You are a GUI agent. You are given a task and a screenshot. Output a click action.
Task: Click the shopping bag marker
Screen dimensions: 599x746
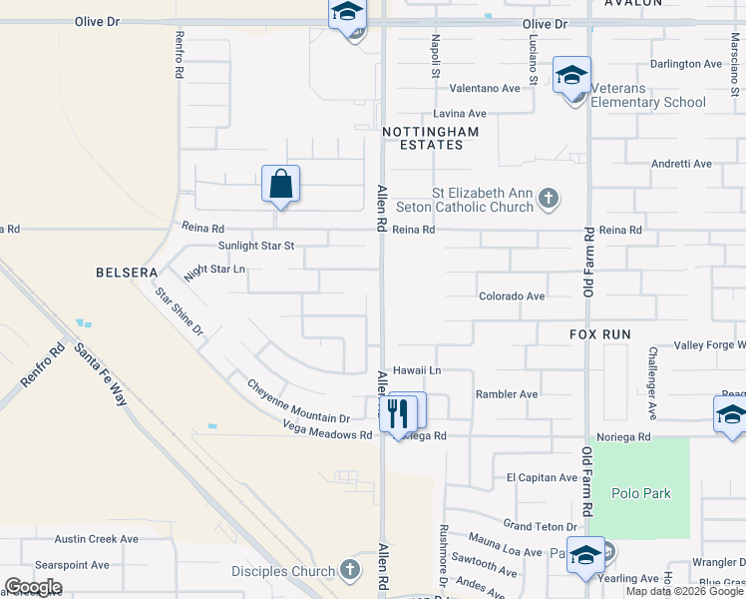coord(281,184)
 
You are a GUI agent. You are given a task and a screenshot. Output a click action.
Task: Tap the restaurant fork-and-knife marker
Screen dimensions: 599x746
coord(399,412)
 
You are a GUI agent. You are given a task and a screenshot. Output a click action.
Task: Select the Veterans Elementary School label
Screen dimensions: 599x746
coord(647,102)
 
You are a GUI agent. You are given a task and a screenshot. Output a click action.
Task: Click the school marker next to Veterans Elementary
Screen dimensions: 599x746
coord(572,76)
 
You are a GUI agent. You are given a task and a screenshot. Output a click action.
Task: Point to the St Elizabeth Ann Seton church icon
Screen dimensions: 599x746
coord(548,199)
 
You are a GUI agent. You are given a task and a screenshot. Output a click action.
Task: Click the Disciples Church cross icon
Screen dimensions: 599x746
coord(349,570)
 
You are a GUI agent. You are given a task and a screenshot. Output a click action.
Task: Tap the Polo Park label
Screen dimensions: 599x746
coord(641,493)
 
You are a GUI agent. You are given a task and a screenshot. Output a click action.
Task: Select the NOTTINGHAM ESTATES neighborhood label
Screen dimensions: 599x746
coord(431,138)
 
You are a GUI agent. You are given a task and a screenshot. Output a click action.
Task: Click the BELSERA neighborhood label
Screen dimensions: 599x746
coord(127,273)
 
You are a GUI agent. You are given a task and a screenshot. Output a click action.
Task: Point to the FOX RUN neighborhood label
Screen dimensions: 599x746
coord(602,334)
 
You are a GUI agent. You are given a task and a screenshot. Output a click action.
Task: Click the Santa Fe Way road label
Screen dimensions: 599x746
coord(101,373)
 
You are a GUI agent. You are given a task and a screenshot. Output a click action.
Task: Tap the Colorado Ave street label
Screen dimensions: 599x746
coord(512,297)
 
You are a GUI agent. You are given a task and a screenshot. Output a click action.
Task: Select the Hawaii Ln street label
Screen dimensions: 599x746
coord(416,370)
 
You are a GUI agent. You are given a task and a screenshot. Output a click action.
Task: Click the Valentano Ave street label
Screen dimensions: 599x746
coord(485,88)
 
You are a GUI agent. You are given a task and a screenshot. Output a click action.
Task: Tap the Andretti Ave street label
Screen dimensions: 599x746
coord(681,164)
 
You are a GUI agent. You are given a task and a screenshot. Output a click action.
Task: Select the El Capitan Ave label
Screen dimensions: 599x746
coord(542,478)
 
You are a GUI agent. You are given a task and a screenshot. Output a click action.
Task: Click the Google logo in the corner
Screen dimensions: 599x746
coord(33,587)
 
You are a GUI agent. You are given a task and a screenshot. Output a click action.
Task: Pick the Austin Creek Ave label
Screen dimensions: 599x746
coord(96,539)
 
